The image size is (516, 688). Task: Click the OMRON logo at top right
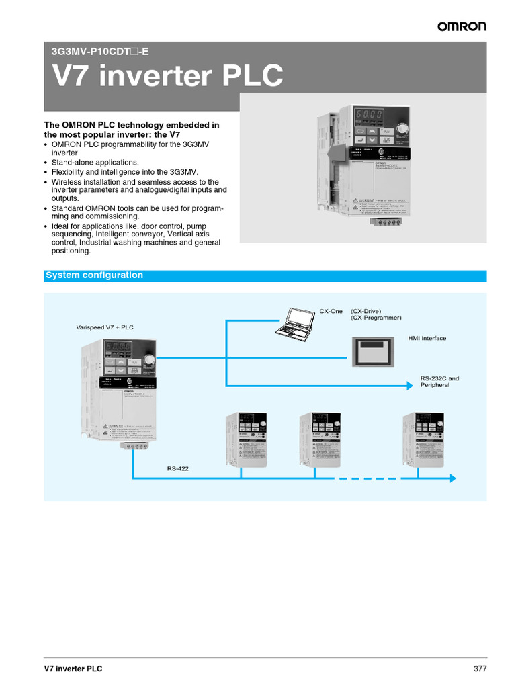pyautogui.click(x=462, y=26)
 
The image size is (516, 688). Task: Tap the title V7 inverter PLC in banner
pyautogui.click(x=167, y=77)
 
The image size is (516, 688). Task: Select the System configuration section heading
pyautogui.click(x=94, y=275)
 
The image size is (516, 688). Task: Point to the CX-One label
pyautogui.click(x=331, y=311)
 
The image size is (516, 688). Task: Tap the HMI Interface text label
pyautogui.click(x=427, y=338)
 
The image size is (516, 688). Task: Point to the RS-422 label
pyautogui.click(x=178, y=468)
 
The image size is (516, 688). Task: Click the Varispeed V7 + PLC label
pyautogui.click(x=105, y=327)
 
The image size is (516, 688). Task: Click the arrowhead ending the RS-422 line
pyautogui.click(x=452, y=478)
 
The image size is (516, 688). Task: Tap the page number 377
pyautogui.click(x=480, y=669)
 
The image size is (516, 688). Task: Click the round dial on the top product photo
pyautogui.click(x=402, y=128)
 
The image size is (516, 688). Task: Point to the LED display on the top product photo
pyautogui.click(x=370, y=115)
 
